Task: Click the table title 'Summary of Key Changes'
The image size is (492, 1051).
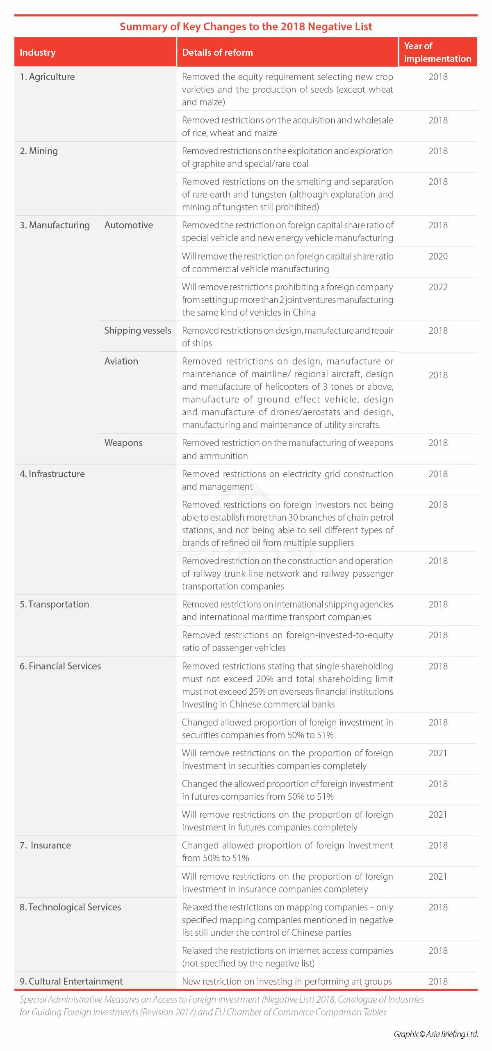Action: (x=246, y=27)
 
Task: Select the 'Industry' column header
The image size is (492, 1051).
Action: (x=37, y=52)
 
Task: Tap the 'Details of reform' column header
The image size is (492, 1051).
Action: (x=217, y=52)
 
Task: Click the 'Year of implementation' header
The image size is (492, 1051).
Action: (x=437, y=52)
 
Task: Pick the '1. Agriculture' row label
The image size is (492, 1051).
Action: (x=47, y=77)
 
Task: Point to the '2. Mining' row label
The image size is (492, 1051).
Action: (x=39, y=151)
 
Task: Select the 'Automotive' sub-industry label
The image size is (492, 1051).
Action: (x=128, y=225)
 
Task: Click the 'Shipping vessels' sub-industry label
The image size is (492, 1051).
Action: (x=137, y=330)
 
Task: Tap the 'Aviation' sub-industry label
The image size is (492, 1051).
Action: (x=121, y=361)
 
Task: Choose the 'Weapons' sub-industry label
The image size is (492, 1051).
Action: (x=123, y=443)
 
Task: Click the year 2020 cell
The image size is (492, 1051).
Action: (x=438, y=256)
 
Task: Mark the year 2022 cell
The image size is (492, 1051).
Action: (x=438, y=287)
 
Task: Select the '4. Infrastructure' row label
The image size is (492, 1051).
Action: (x=52, y=474)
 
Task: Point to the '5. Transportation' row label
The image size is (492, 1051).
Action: (x=54, y=604)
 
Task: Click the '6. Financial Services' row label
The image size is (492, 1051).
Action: (x=60, y=666)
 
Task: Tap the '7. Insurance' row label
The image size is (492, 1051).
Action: (x=45, y=845)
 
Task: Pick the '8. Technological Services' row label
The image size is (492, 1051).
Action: (x=70, y=907)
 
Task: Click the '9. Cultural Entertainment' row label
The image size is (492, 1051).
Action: (x=71, y=981)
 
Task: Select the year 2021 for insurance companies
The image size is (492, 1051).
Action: (x=438, y=876)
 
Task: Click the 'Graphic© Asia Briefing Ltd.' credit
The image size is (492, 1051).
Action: (x=436, y=1034)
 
